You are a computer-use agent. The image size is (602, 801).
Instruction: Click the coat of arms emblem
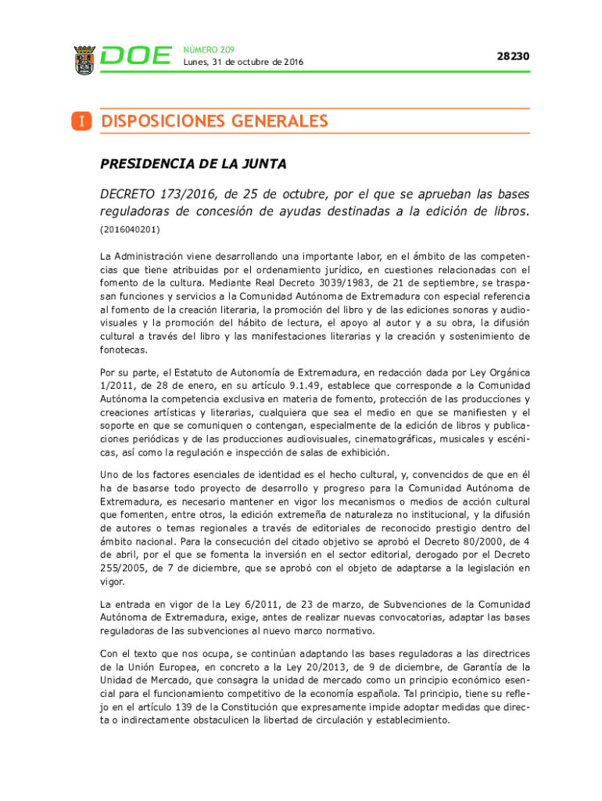coord(84,57)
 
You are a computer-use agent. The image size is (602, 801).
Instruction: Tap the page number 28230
coord(513,56)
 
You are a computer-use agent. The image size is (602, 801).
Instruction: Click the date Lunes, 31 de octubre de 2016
coord(243,63)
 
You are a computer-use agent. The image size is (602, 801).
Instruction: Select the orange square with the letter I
coord(81,122)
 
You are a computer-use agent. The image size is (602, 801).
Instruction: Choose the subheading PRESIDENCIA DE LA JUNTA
coord(193,164)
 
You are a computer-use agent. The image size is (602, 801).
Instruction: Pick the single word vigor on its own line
coord(113,582)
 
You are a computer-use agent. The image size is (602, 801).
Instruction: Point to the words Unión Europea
coord(160,667)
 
